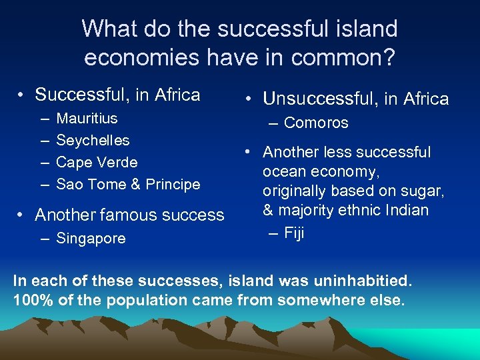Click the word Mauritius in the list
pos(87,119)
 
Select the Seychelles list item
pos(93,141)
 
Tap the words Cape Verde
pos(97,162)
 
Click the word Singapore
pos(91,238)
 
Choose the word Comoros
pos(316,123)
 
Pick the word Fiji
pos(294,233)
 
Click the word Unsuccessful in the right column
pos(319,99)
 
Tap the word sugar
pos(424,191)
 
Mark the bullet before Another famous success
pos(22,215)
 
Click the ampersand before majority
pos(268,211)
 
